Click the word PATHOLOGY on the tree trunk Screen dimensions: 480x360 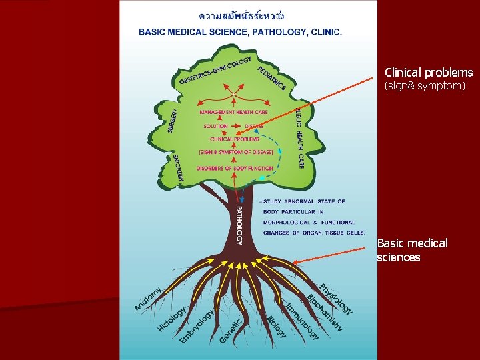238,225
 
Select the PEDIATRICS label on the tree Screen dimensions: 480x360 271,77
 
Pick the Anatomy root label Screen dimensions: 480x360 148,298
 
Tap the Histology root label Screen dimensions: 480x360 171,319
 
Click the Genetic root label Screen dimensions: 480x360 231,330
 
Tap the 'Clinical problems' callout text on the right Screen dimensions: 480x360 429,73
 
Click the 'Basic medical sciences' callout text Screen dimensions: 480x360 412,250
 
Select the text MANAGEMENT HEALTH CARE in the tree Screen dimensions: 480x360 233,112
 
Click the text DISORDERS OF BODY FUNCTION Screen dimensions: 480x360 235,168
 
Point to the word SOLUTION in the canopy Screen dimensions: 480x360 215,126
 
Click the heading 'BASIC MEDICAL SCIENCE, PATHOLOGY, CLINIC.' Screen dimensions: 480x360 240,31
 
